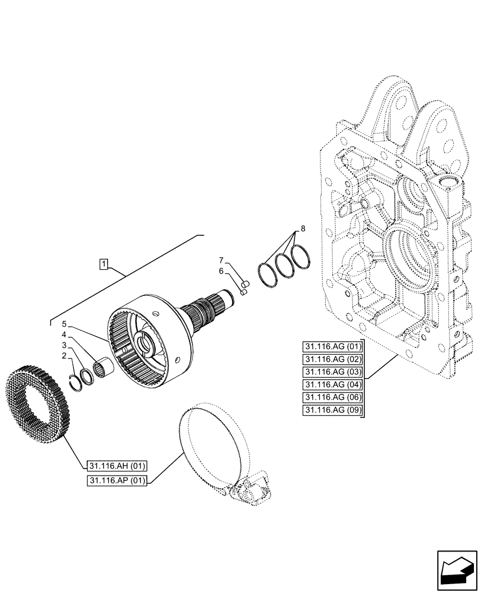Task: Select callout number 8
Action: (303, 228)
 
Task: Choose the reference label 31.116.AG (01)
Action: (334, 347)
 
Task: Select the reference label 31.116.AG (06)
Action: (334, 397)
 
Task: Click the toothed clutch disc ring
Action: (39, 403)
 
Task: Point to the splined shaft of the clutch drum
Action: (204, 308)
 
